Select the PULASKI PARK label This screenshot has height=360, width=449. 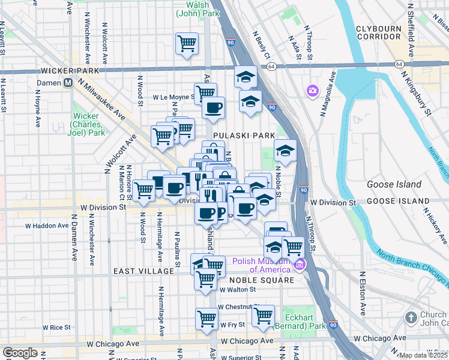pyautogui.click(x=243, y=136)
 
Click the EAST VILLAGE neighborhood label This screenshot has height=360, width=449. pyautogui.click(x=143, y=272)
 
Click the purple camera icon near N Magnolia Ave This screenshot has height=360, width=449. pyautogui.click(x=312, y=91)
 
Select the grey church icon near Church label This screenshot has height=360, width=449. pyautogui.click(x=411, y=317)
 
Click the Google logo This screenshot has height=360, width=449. pyautogui.click(x=20, y=353)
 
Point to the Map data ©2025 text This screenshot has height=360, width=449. pyautogui.click(x=423, y=355)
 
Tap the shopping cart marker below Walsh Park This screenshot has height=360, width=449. pyautogui.click(x=187, y=43)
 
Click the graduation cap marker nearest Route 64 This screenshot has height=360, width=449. pyautogui.click(x=245, y=77)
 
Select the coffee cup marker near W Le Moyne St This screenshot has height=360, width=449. pyautogui.click(x=213, y=109)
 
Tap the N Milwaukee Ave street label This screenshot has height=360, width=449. pyautogui.click(x=99, y=102)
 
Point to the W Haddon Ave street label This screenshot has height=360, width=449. pyautogui.click(x=47, y=226)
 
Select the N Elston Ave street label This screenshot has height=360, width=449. pyautogui.click(x=363, y=293)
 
